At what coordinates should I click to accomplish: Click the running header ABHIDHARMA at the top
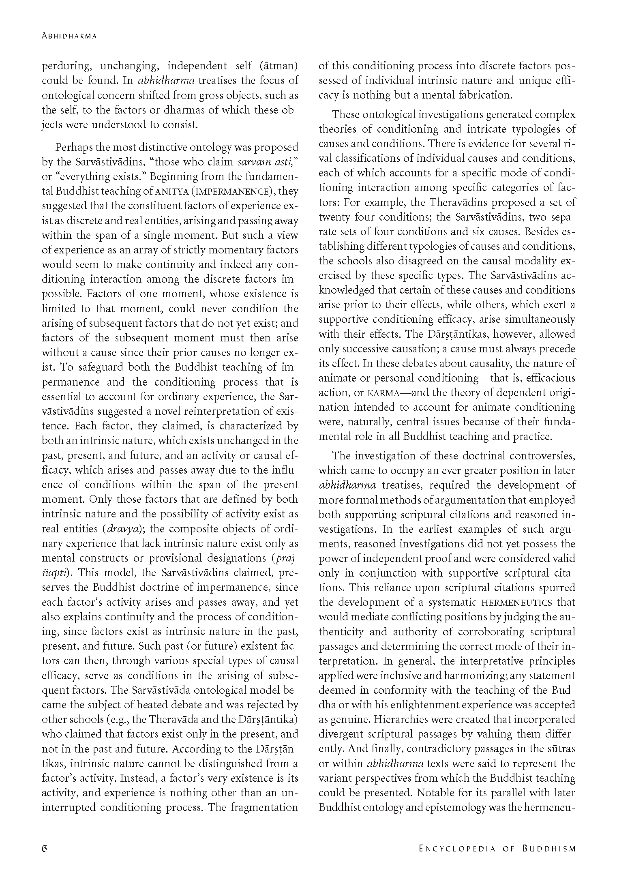pyautogui.click(x=69, y=36)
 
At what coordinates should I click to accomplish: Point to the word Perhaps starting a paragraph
pyautogui.click(x=75, y=147)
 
